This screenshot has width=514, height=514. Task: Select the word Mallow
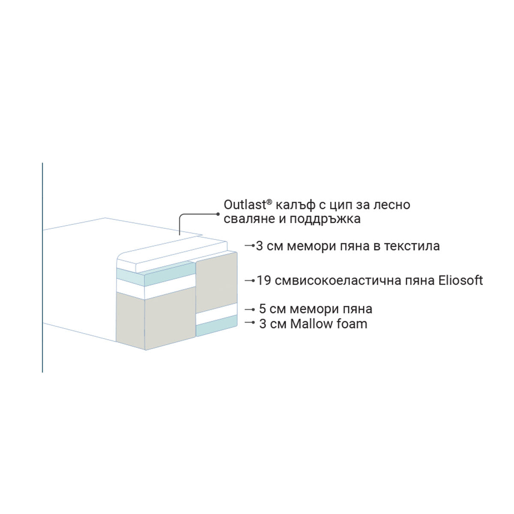pyautogui.click(x=312, y=323)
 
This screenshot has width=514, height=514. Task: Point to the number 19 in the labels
pyautogui.click(x=263, y=281)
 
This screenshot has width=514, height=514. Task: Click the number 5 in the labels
pyautogui.click(x=263, y=309)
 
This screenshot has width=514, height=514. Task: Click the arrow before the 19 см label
pyautogui.click(x=250, y=281)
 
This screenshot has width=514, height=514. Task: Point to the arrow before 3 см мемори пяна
pyautogui.click(x=250, y=246)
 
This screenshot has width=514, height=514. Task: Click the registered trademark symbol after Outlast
pyautogui.click(x=269, y=201)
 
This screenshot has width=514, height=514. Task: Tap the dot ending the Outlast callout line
pyautogui.click(x=218, y=213)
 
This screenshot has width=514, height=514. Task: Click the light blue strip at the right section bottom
pyautogui.click(x=217, y=329)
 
